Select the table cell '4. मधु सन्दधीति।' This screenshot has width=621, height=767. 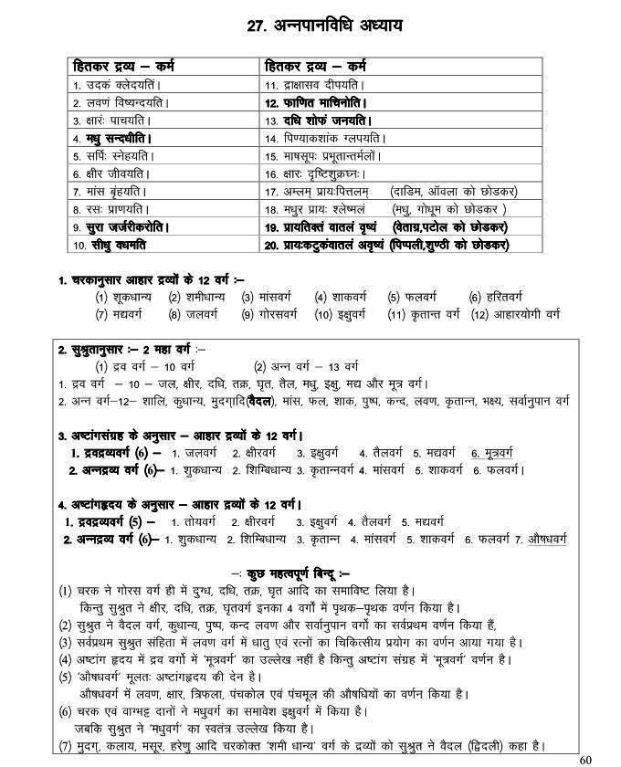pos(112,138)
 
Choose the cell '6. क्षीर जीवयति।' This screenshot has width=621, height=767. pos(105,173)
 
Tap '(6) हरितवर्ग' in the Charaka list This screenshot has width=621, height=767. pos(495,297)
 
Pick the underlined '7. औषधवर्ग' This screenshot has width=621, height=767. pos(539,540)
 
